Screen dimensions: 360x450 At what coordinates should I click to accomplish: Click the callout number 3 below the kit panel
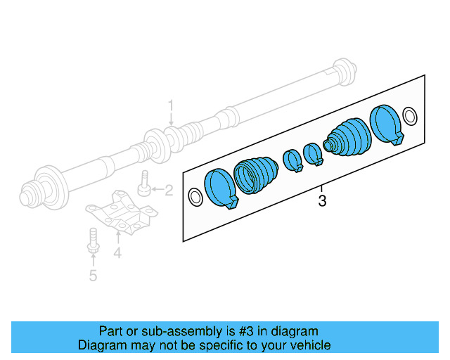click(x=322, y=202)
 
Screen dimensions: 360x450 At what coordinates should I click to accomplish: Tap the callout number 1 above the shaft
click(x=170, y=106)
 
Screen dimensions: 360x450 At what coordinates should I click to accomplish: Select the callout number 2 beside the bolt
click(x=168, y=189)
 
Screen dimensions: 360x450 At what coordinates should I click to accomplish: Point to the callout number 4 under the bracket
click(x=117, y=252)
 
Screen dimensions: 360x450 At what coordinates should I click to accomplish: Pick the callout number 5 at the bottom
click(x=93, y=275)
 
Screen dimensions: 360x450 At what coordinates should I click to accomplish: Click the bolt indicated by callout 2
click(x=144, y=183)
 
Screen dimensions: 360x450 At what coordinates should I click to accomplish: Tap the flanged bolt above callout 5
click(x=92, y=240)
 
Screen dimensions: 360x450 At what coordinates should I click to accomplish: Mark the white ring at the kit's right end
click(x=411, y=115)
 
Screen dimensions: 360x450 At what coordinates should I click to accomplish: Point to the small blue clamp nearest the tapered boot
click(x=312, y=153)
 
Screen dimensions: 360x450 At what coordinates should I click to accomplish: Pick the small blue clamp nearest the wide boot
click(x=292, y=160)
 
